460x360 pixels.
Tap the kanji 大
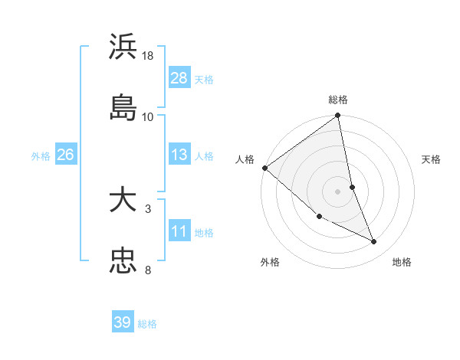(x=123, y=201)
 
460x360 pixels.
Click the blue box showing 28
(x=179, y=77)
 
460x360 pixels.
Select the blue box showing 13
(x=179, y=155)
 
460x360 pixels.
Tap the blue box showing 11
(x=179, y=231)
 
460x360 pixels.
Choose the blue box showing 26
(x=66, y=155)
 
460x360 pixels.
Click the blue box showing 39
(x=123, y=322)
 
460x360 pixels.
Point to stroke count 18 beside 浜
(x=148, y=56)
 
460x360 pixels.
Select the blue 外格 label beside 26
(x=41, y=155)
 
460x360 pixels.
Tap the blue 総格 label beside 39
(x=147, y=324)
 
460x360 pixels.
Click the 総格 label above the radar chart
(x=338, y=100)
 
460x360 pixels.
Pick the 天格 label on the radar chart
(x=432, y=159)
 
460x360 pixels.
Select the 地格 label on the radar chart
(x=402, y=262)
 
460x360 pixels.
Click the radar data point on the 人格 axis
(x=264, y=168)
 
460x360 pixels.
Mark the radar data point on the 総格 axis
(x=338, y=116)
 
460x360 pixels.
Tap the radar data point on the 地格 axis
(x=374, y=242)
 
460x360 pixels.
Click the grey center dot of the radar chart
(x=338, y=191)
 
